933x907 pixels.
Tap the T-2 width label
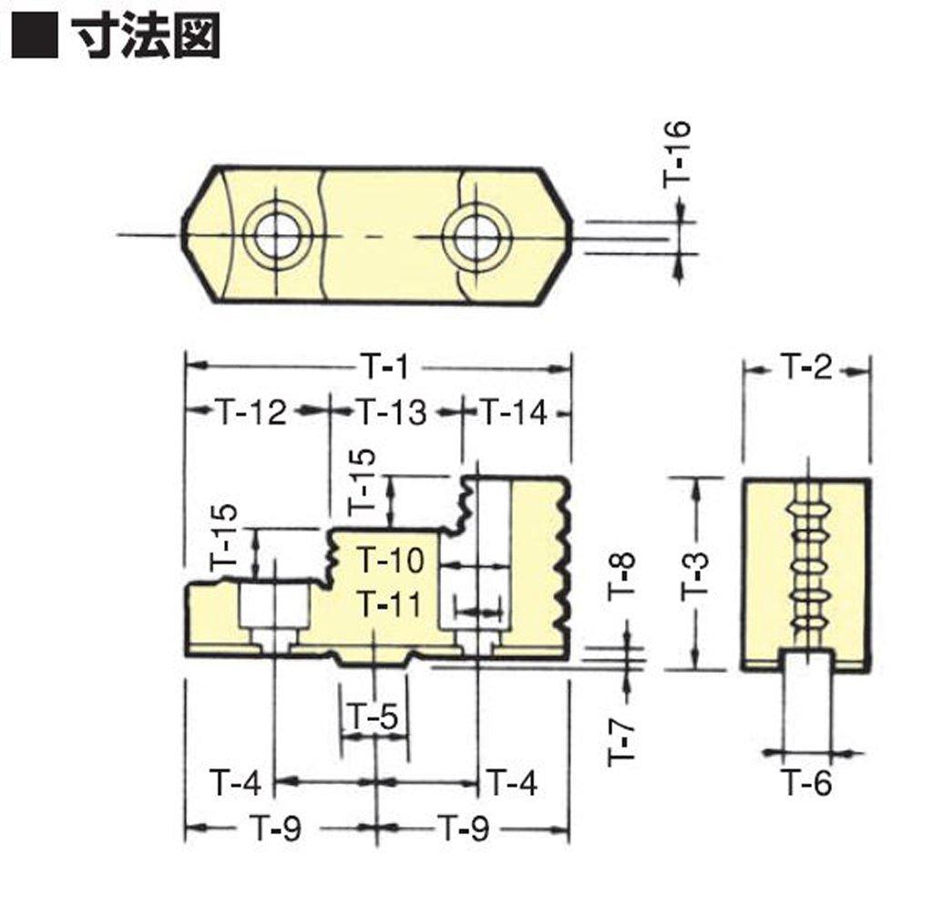pyautogui.click(x=807, y=368)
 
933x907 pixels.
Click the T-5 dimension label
pyautogui.click(x=374, y=719)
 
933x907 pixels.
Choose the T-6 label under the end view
pyautogui.click(x=808, y=782)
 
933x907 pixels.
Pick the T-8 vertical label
pyautogui.click(x=620, y=576)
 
